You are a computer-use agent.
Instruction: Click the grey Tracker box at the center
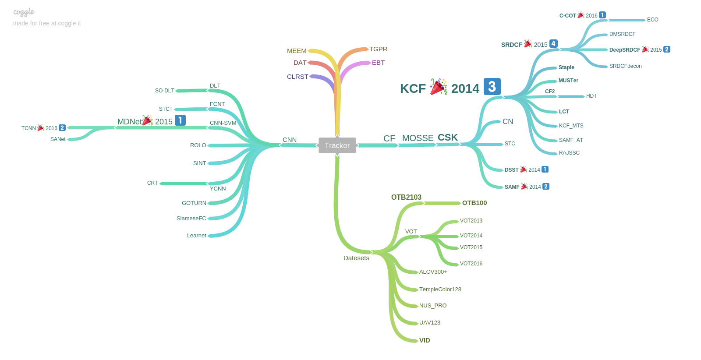point(337,145)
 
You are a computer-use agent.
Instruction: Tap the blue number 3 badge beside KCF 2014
point(492,87)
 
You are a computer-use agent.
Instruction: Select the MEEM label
point(297,51)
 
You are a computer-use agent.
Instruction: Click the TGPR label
point(378,49)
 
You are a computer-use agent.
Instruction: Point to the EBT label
point(378,63)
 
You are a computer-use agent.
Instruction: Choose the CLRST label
point(297,77)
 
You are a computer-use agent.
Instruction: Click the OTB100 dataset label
point(474,203)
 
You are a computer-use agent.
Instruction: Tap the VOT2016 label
point(471,264)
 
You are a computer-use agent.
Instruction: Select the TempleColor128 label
point(440,289)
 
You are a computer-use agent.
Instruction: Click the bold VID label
point(425,340)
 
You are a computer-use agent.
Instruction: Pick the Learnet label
point(196,236)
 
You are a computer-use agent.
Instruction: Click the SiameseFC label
point(191,219)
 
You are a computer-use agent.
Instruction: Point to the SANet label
point(58,139)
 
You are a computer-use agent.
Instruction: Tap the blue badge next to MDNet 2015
point(180,120)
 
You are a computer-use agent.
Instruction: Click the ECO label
point(652,20)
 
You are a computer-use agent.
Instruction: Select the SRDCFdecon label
point(625,66)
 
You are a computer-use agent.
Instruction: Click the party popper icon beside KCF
point(438,87)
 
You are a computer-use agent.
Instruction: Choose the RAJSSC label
point(569,153)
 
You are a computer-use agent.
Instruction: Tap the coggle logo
point(24,12)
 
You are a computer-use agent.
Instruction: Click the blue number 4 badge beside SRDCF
point(553,44)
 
